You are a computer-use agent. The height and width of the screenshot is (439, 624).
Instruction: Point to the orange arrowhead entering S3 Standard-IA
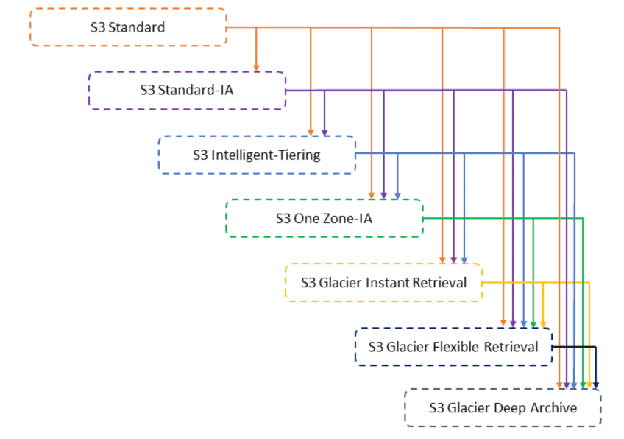click(256, 68)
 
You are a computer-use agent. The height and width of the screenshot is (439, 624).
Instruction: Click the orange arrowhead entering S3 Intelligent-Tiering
click(311, 133)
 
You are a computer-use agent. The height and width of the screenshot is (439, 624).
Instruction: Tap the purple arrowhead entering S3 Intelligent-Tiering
click(325, 133)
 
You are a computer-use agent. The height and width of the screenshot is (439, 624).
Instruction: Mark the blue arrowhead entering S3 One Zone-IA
click(397, 196)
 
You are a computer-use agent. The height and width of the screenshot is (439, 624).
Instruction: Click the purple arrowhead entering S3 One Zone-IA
click(383, 196)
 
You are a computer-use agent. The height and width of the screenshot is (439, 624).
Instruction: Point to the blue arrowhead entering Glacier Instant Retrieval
click(464, 260)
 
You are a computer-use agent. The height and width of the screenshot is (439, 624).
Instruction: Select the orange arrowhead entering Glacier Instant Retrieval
click(442, 260)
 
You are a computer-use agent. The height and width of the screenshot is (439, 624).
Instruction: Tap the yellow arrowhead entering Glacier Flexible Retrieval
click(543, 324)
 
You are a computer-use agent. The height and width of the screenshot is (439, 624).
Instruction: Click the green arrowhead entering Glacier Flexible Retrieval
click(533, 324)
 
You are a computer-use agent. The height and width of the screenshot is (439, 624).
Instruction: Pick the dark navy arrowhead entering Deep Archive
click(596, 385)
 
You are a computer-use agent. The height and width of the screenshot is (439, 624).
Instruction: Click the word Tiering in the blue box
click(299, 155)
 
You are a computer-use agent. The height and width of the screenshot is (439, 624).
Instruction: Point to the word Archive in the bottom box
click(553, 407)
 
